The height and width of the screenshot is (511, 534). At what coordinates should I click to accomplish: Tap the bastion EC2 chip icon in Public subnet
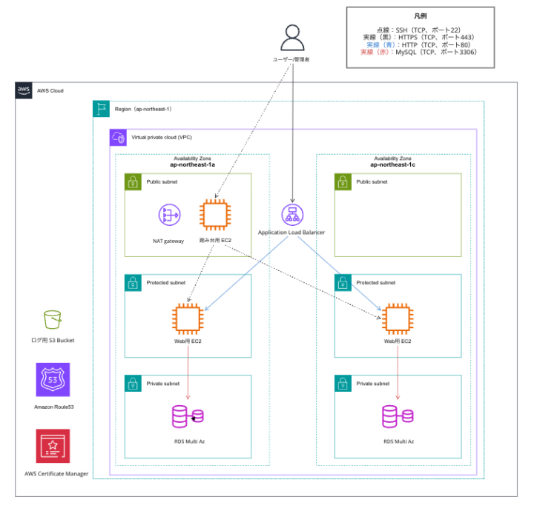click(x=214, y=216)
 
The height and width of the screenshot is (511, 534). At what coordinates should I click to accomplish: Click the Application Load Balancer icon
click(x=292, y=216)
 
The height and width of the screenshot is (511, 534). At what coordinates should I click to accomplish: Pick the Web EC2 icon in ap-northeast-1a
click(x=185, y=318)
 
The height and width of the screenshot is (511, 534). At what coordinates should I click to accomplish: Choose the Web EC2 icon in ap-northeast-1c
click(x=398, y=318)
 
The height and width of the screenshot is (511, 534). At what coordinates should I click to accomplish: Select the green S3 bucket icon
click(x=53, y=319)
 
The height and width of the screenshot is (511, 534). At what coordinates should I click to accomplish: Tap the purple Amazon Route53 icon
click(x=53, y=380)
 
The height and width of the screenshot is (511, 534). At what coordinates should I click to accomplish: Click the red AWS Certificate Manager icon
click(x=53, y=446)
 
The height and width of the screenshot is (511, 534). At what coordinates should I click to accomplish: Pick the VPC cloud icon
click(x=118, y=137)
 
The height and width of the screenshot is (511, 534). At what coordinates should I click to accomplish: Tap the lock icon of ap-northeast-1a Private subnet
click(x=132, y=384)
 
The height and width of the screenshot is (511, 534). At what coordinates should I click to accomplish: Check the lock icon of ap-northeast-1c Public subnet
click(x=342, y=181)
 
